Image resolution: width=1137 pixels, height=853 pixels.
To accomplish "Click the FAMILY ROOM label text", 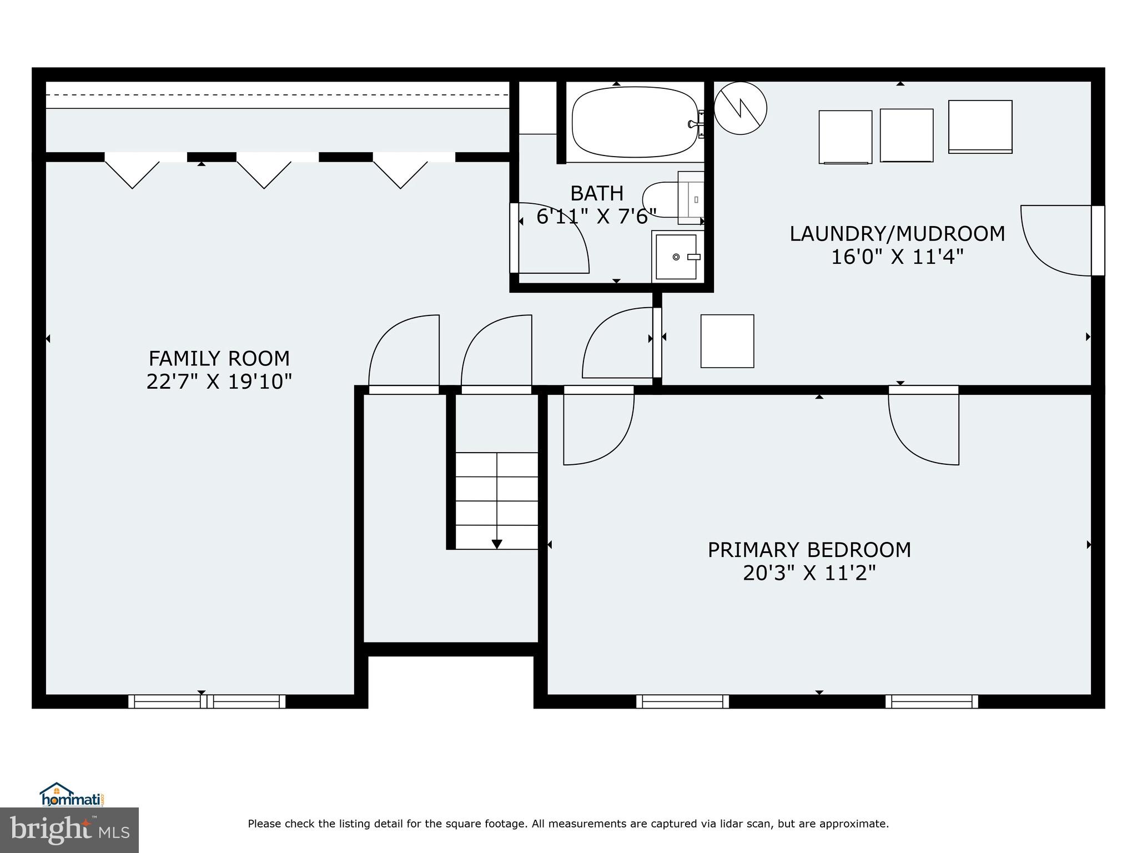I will (219, 359).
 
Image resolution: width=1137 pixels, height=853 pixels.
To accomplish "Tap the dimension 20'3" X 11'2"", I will (809, 573).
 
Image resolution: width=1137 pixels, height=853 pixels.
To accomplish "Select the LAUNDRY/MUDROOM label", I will (897, 234).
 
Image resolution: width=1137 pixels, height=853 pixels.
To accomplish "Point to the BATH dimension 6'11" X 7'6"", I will (596, 217).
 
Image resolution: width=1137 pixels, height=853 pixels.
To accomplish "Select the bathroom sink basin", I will (676, 257).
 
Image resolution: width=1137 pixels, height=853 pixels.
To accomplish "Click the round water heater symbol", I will (740, 108).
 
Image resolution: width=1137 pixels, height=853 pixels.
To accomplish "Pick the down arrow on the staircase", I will (497, 544).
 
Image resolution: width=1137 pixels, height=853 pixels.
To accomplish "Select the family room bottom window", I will (207, 701).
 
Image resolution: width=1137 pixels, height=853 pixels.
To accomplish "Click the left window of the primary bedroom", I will (682, 701).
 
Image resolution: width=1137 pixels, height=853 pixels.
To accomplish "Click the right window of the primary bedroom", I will (932, 701).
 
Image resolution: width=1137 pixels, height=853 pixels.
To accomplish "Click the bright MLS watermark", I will (69, 830).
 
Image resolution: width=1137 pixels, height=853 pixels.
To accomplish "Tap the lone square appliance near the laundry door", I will (727, 341).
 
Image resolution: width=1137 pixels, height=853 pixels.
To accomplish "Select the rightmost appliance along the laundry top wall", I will (980, 127).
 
